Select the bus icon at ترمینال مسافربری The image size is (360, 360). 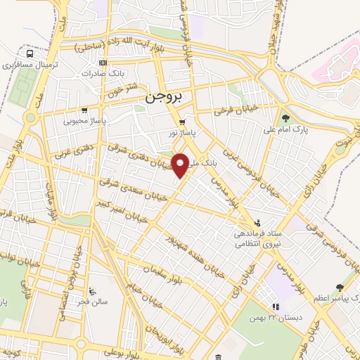[x=30, y=53]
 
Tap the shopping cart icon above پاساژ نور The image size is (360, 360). [x=182, y=122]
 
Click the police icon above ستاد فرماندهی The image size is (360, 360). [x=258, y=220]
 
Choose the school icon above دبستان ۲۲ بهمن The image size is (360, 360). [x=276, y=307]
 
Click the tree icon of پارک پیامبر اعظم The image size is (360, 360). [x=340, y=287]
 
